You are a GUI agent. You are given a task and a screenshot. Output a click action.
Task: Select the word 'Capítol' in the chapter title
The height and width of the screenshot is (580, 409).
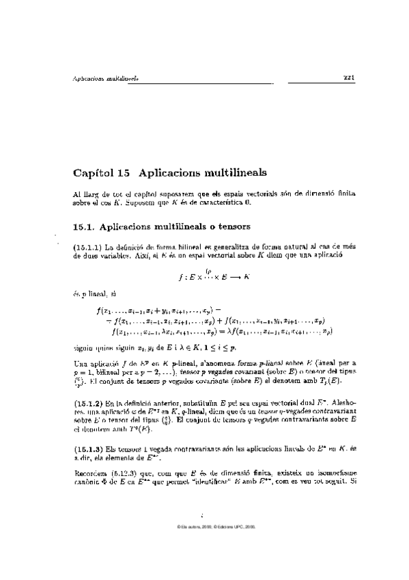click(x=93, y=172)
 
